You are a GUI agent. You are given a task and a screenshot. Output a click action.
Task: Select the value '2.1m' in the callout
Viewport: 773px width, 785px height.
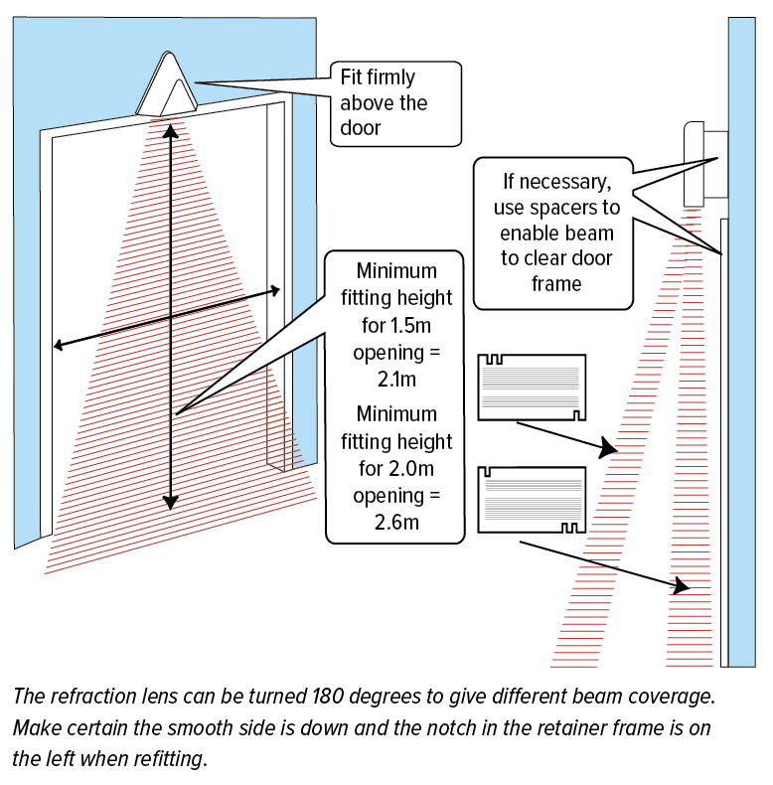[x=395, y=379]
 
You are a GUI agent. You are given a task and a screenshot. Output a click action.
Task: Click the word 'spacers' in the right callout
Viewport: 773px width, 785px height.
[x=588, y=209]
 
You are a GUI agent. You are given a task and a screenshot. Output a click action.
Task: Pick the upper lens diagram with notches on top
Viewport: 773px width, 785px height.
[x=531, y=387]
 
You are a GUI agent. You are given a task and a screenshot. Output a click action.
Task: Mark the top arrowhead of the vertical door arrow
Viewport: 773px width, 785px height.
[x=171, y=129]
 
